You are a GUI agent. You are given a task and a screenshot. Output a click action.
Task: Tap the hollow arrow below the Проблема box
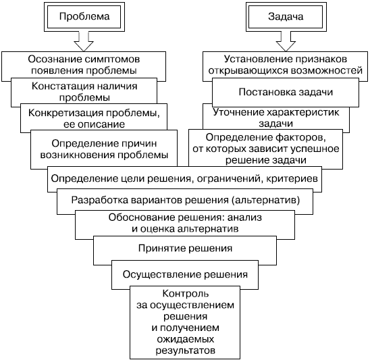tap(84, 42)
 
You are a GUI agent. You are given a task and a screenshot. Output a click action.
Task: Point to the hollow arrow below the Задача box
tap(286, 42)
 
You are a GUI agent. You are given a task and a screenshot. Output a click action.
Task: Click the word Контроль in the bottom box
tap(186, 294)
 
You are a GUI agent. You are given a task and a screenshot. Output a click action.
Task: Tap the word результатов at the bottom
tap(186, 351)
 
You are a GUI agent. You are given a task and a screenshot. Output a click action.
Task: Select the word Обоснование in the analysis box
tap(142, 217)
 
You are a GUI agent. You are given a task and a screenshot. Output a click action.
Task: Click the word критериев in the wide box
tap(292, 179)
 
